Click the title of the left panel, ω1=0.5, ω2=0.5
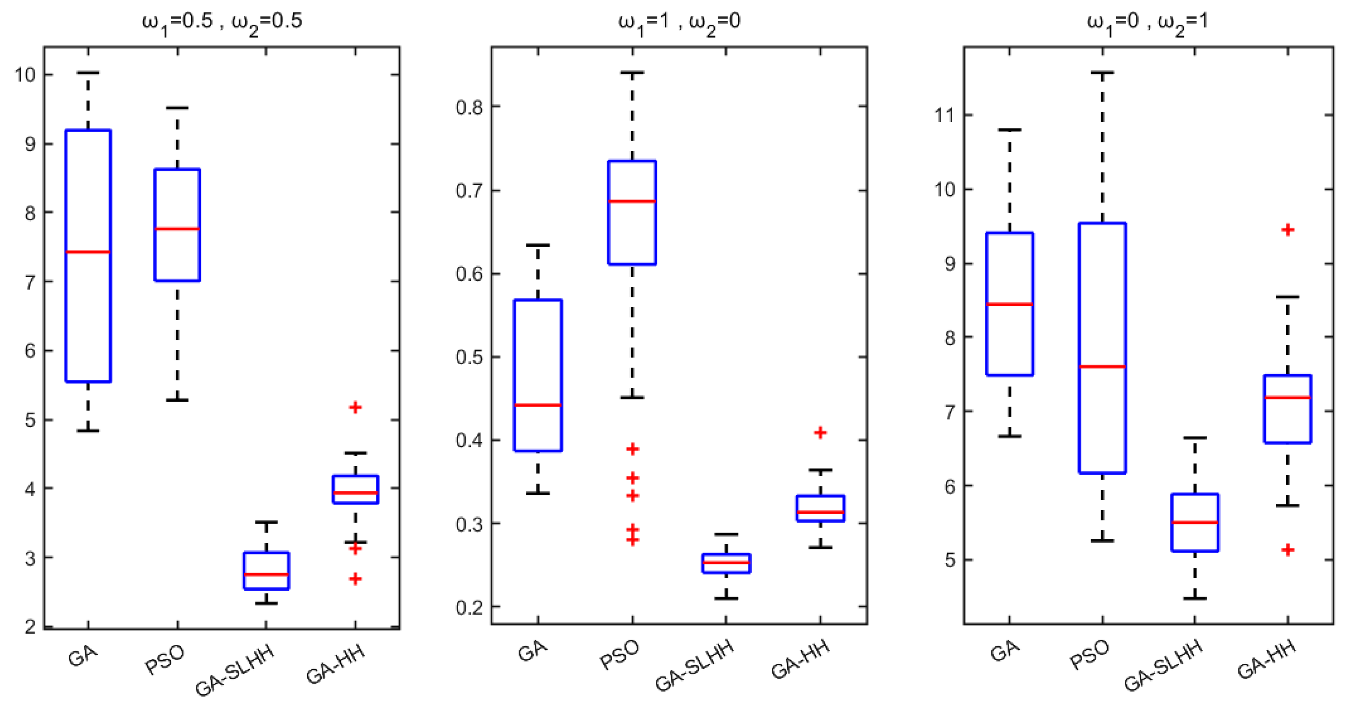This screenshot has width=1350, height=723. (x=222, y=22)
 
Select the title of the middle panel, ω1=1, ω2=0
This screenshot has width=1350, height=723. (x=679, y=22)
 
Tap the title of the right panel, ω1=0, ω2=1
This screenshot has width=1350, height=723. (x=1147, y=22)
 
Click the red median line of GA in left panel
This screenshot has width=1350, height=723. (x=88, y=252)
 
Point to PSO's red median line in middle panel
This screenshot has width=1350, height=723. (x=632, y=201)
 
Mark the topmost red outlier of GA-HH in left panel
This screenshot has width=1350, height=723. (x=355, y=407)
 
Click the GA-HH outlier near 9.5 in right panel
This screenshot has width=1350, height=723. (x=1288, y=230)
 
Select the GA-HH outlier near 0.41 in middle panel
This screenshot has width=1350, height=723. (x=820, y=432)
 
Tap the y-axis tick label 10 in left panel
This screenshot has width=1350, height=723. (x=25, y=75)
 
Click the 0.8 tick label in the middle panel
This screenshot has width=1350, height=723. (x=469, y=108)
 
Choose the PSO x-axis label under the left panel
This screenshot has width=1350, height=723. (x=165, y=660)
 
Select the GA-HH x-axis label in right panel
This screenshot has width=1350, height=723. (x=1267, y=660)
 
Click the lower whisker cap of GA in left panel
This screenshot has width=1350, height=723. (x=88, y=431)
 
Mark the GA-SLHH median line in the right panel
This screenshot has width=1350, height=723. (x=1195, y=523)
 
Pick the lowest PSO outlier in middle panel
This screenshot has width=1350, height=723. (x=633, y=540)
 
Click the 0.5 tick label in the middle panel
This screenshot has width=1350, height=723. (x=469, y=358)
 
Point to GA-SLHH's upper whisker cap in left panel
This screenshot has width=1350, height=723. (x=266, y=522)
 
